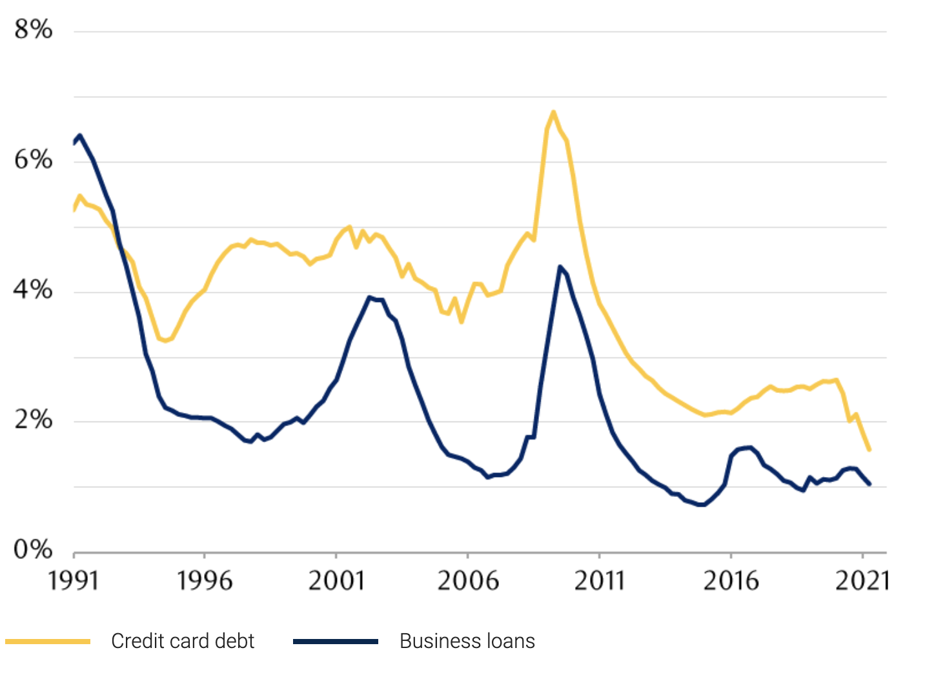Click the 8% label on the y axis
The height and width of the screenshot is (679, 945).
[x=33, y=30]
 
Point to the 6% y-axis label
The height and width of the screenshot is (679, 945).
[x=33, y=159]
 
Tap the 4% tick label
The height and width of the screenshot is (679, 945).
[x=33, y=290]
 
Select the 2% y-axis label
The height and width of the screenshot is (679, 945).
[x=33, y=420]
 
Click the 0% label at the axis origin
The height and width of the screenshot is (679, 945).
[x=33, y=550]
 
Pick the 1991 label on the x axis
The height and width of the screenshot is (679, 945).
[x=74, y=581]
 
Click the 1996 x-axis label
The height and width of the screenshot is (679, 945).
[x=205, y=581]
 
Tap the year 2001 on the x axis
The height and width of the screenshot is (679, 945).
[x=336, y=581]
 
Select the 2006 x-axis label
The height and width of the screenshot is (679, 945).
[x=468, y=581]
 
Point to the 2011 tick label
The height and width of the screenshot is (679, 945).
[x=600, y=581]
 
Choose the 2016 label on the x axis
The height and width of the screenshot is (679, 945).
[x=731, y=581]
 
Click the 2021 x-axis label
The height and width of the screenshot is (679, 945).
[x=862, y=581]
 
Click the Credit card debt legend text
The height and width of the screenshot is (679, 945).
[x=183, y=641]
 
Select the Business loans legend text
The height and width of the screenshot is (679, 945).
[x=467, y=641]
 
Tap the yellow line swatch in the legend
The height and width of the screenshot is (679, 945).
[x=48, y=641]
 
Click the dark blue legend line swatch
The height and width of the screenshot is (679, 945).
[x=336, y=641]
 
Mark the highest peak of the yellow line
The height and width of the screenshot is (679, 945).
[x=553, y=112]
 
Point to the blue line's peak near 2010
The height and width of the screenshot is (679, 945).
[x=560, y=267]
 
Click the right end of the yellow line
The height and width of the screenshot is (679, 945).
[x=869, y=449]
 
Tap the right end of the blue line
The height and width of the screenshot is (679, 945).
[x=869, y=483]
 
